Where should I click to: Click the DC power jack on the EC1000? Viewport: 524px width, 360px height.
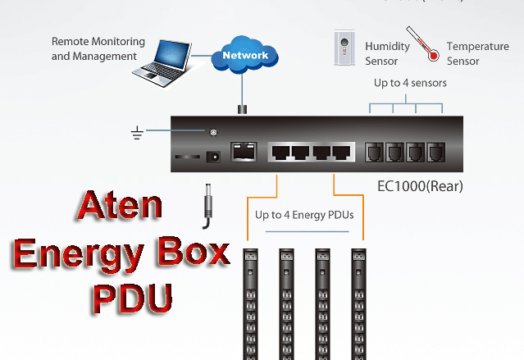(x=216, y=157)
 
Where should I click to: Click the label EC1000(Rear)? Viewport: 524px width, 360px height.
(x=420, y=186)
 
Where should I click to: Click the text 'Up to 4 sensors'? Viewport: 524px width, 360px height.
(x=410, y=84)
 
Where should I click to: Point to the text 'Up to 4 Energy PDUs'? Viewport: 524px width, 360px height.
(x=303, y=216)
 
